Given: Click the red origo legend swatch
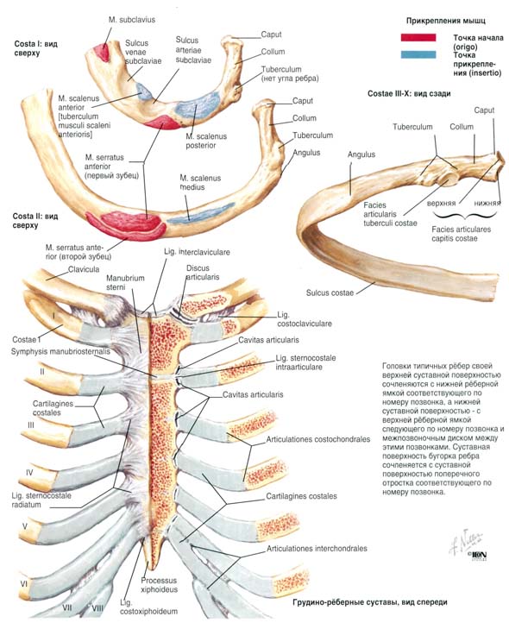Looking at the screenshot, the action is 418,38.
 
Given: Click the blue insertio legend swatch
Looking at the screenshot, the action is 418,54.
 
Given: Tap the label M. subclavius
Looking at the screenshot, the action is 131,20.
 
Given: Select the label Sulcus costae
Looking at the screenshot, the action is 330,292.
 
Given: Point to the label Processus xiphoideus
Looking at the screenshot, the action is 159,585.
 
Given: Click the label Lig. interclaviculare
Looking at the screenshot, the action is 197,252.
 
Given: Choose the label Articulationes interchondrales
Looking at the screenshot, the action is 317,549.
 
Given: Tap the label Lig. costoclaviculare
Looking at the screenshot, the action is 305,319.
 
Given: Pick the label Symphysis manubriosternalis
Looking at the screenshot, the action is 60,352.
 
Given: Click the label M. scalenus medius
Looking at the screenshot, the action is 200,183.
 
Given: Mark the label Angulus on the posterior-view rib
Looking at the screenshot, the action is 361,154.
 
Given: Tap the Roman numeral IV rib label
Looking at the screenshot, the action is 29,473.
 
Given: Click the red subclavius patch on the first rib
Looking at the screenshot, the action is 102,53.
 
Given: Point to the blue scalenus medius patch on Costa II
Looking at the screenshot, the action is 200,213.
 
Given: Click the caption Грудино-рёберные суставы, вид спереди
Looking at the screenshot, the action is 370,602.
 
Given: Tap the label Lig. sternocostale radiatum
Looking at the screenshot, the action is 41,500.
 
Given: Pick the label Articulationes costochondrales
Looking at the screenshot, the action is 318,439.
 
